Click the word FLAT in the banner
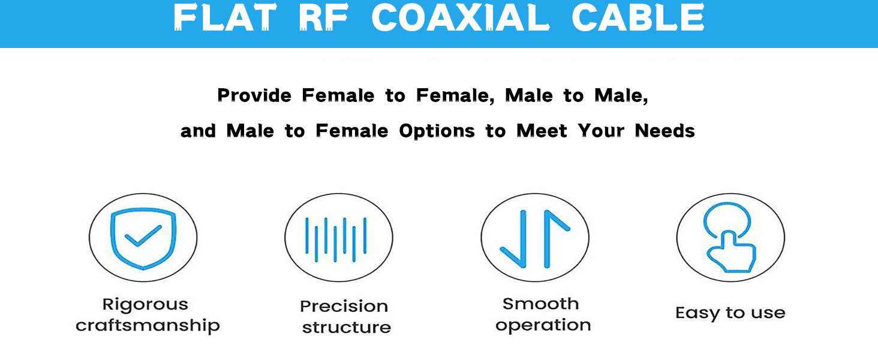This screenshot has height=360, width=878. click(225, 17)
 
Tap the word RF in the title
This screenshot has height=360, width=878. click(323, 17)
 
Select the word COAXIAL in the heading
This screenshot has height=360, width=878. click(461, 17)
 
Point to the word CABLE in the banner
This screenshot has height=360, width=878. click(638, 17)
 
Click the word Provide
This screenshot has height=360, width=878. click(254, 95)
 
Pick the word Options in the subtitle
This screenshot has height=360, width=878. click(437, 131)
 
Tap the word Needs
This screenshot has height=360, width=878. click(664, 131)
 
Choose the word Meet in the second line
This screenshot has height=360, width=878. click(542, 131)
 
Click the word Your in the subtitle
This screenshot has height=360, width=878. click(601, 131)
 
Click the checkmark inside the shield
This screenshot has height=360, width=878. click(143, 236)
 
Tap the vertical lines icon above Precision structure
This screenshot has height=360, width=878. click(336, 239)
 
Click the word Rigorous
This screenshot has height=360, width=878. click(145, 305)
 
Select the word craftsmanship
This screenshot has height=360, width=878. click(148, 325)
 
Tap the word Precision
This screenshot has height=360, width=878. click(344, 306)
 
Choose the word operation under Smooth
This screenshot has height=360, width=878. click(543, 326)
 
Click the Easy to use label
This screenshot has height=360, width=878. click(730, 313)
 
